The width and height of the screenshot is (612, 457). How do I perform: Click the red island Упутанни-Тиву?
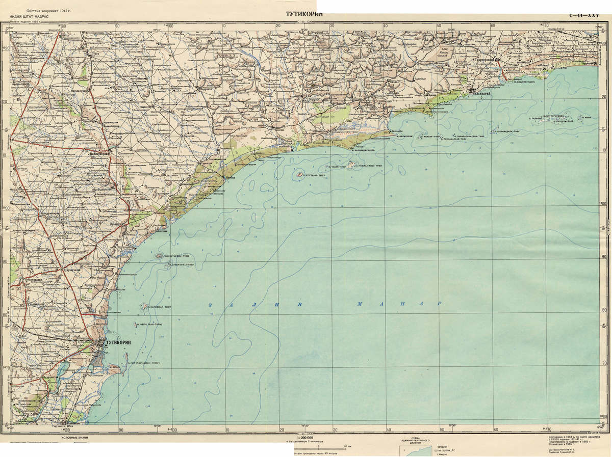[x=297, y=175]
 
